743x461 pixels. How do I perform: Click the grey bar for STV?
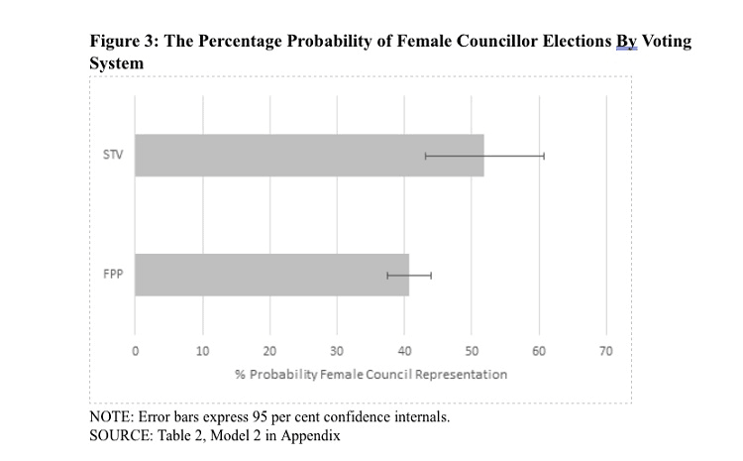pos(309,156)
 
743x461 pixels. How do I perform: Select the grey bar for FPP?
pos(271,275)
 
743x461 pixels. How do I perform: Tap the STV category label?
pos(112,156)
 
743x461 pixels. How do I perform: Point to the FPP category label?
pos(112,275)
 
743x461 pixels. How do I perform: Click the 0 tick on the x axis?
pos(136,351)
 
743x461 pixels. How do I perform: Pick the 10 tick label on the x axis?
pos(202,351)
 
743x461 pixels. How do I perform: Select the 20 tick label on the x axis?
pos(269,351)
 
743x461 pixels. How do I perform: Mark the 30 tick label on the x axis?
pos(337,351)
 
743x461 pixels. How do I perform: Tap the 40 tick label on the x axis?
pos(404,351)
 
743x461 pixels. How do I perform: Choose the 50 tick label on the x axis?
pos(472,351)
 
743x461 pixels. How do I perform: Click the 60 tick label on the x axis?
pos(539,351)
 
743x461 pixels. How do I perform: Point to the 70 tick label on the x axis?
pos(606,351)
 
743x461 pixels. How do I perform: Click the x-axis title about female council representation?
pos(371,375)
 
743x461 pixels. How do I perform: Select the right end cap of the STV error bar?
pos(544,156)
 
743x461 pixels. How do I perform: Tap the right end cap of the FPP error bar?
pos(431,275)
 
